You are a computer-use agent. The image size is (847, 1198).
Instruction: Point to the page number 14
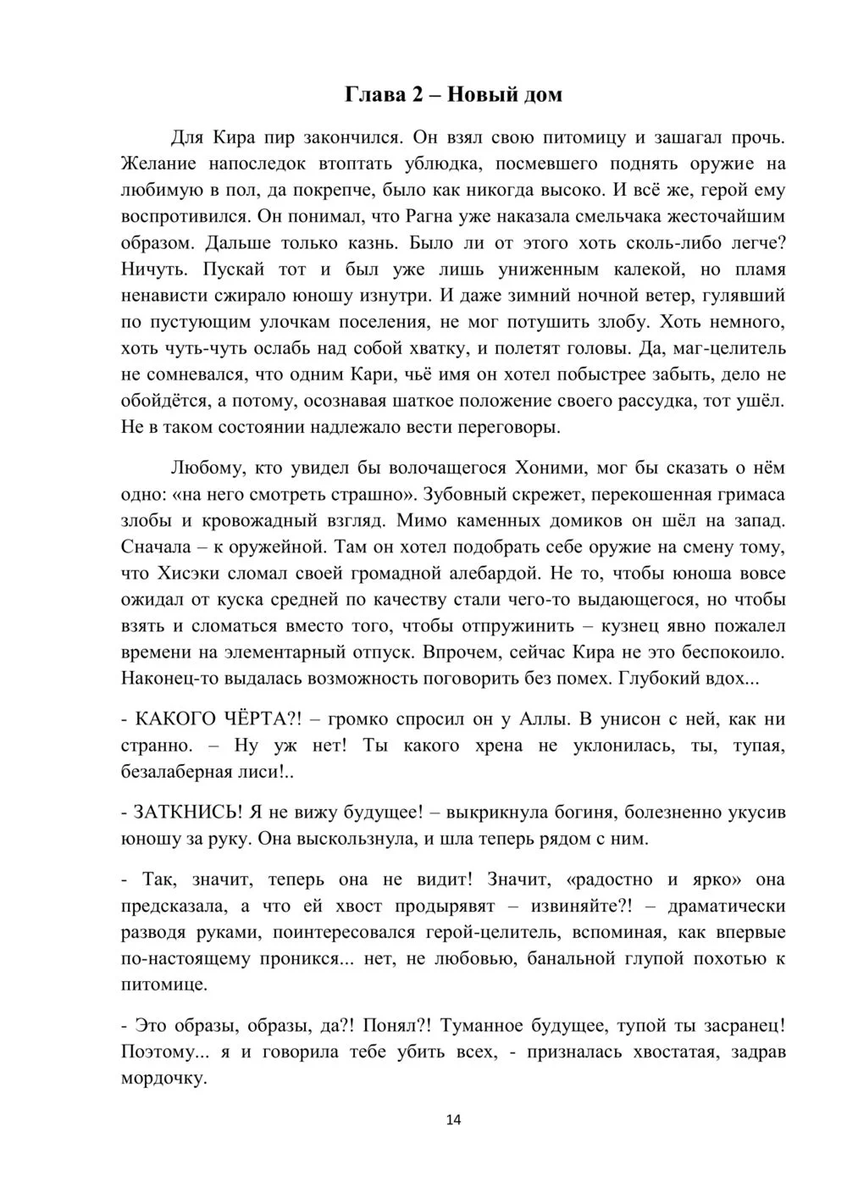453,1120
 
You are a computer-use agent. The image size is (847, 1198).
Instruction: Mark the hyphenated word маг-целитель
729,348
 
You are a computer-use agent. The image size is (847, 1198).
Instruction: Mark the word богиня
583,812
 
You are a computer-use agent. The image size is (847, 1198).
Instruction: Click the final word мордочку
163,1079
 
